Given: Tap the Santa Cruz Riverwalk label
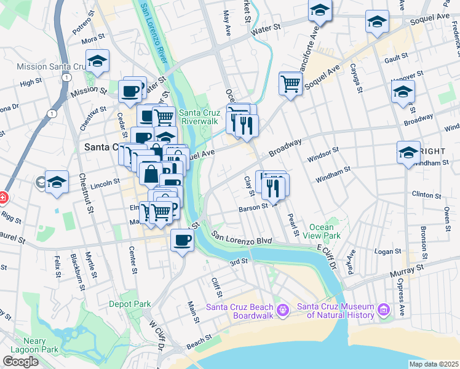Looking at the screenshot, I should coord(199,117).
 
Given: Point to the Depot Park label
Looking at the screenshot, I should coord(130,304).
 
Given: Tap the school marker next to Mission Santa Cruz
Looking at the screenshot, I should coord(97,61).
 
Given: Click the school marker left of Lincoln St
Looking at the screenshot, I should coord(57,183).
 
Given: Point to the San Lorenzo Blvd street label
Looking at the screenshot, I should coord(242,238).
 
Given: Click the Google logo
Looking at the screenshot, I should coord(20,362).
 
